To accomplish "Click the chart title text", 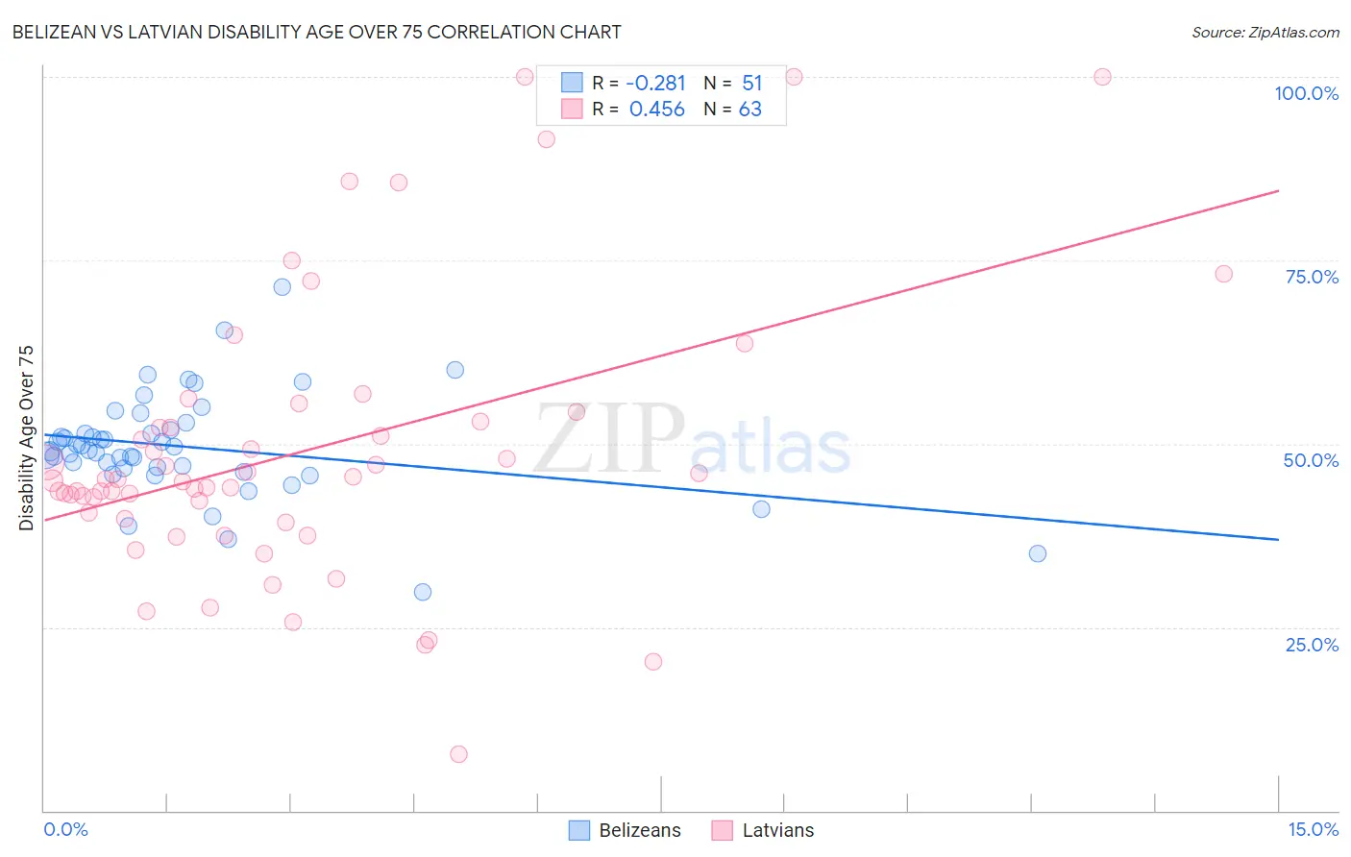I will pos(316,32).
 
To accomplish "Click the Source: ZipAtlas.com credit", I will pos(1265,32).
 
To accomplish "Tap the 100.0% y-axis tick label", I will pos(1306,93).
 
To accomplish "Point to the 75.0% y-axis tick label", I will pos(1312,277).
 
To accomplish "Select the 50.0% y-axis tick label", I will pos(1311,460).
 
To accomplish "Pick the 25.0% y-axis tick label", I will pos(1312,645).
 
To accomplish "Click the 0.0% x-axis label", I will pos(65,829).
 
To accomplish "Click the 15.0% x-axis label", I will pos(1313,829).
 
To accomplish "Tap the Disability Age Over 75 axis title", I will pos(27,437).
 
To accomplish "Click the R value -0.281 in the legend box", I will pos(656,84).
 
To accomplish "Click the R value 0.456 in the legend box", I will pos(656,110).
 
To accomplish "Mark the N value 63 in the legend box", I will pos(749,110).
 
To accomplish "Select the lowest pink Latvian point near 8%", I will pos(458,754).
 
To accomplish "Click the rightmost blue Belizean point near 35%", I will pos(1038,553).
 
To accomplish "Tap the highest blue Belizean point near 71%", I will pos(282,286).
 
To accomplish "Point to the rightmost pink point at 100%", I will pos(1102,77).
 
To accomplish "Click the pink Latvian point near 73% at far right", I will pos(1223,274).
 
